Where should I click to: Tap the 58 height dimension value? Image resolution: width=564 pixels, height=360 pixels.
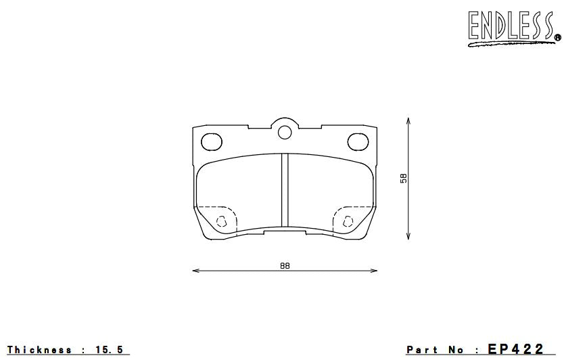coord(404,178)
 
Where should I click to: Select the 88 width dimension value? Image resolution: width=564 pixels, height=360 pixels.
coord(284,265)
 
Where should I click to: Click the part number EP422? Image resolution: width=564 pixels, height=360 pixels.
coord(515,349)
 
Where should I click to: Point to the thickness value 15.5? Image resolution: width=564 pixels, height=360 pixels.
coord(110,350)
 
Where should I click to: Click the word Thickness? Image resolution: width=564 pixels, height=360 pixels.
coord(40,350)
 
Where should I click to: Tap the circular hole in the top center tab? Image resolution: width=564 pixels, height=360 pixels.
coord(285,131)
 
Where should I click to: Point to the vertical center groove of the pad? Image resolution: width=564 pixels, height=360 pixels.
coord(285,191)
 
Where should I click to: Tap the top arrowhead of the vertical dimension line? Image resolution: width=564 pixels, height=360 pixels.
coord(408,120)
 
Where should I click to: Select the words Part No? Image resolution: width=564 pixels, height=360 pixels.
coord(435,350)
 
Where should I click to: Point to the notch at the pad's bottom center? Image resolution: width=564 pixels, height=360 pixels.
coord(285,231)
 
